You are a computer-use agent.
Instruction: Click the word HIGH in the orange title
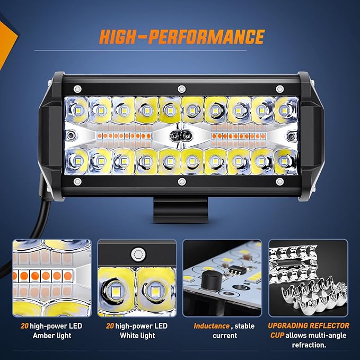[x=118, y=37]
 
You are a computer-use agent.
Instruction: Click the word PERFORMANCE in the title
[x=206, y=37]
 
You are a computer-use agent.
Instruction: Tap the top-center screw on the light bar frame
[x=182, y=89]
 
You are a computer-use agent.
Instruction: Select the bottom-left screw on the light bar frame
[x=77, y=182]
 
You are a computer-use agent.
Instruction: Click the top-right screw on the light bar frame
[x=279, y=89]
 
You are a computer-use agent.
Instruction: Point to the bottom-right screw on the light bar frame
[x=279, y=182]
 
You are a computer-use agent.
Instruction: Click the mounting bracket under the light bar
[x=180, y=209]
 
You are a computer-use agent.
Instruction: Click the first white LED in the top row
[x=77, y=110]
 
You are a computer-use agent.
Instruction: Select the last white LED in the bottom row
[x=284, y=161]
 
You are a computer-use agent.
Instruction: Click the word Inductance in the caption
[x=212, y=326]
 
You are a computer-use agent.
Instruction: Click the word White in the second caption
[x=128, y=336]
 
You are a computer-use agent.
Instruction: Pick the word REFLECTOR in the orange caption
[x=329, y=326]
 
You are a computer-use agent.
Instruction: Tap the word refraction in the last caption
[x=309, y=345]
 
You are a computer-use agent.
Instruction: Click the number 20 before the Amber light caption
[x=24, y=326]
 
